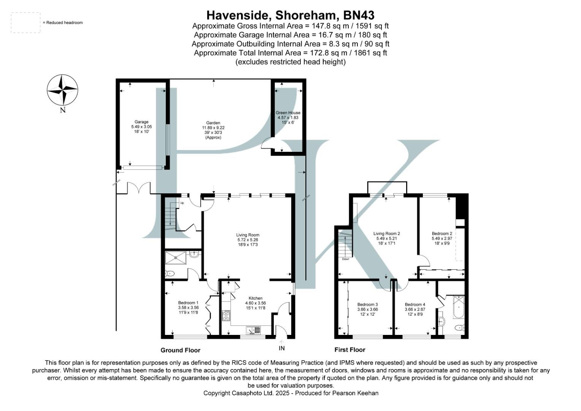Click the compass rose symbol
click(62, 90)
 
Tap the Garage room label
click(141, 122)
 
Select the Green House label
click(288, 113)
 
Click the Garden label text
click(213, 123)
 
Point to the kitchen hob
click(226, 315)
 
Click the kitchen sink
click(253, 330)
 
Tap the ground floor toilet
click(170, 273)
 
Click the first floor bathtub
click(459, 307)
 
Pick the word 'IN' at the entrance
click(281, 348)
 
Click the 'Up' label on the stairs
click(182, 203)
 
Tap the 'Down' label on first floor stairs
click(345, 259)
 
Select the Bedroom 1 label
click(188, 303)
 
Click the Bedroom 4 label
click(415, 304)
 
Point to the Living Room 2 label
click(386, 234)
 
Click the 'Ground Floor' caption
click(180, 350)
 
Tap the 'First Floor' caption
click(350, 349)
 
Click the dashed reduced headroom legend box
click(25, 22)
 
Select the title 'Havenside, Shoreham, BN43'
click(290, 15)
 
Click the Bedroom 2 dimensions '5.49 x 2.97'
click(441, 239)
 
